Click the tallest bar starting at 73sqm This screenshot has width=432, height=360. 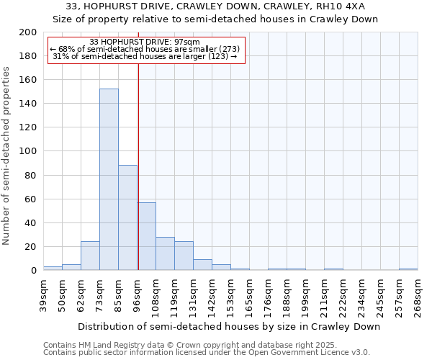tap(109, 180)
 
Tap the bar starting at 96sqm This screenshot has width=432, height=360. tap(147, 236)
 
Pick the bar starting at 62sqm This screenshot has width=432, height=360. tap(90, 256)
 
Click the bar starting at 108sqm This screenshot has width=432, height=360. tap(165, 253)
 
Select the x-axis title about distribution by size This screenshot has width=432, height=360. tap(228, 326)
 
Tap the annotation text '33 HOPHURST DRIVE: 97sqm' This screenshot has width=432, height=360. tap(145, 42)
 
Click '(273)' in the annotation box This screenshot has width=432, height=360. tap(227, 49)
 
